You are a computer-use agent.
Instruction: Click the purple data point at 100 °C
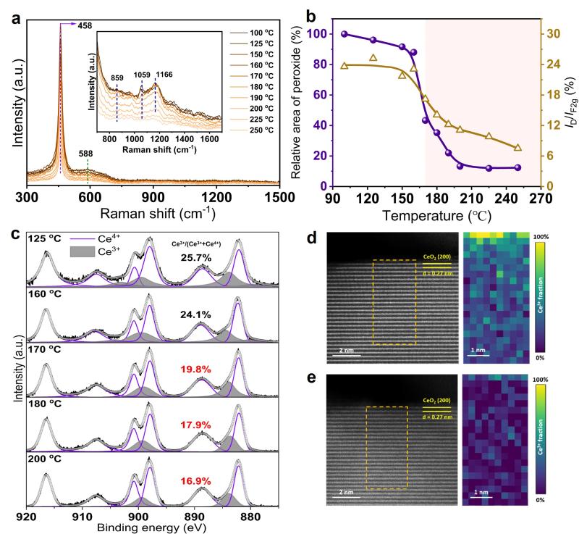click(x=345, y=34)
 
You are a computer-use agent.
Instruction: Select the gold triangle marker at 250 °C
click(x=517, y=148)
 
